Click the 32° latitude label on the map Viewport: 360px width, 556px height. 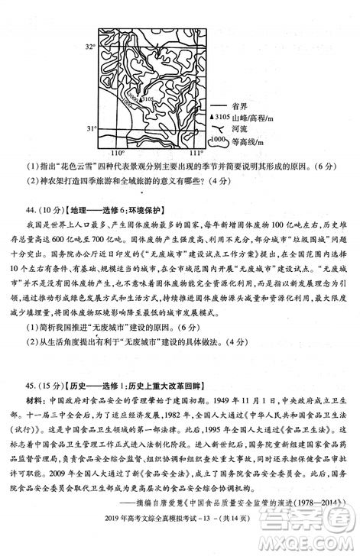tap(89, 47)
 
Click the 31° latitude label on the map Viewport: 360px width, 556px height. tap(89, 128)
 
